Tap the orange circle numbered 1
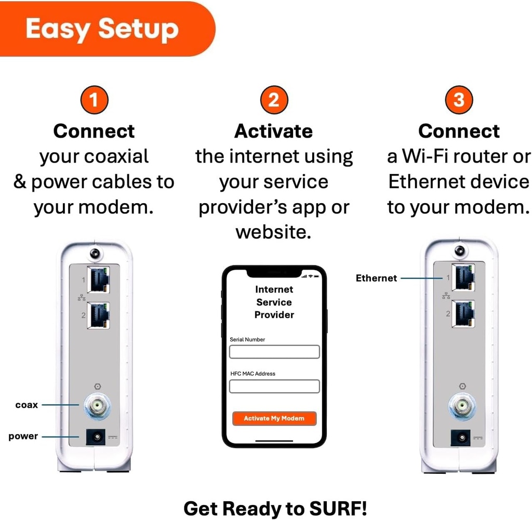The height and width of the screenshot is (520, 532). pos(94,100)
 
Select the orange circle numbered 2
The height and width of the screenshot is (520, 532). pos(274,100)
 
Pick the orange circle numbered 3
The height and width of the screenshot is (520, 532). pos(459,100)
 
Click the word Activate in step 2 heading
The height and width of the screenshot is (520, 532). pos(273,131)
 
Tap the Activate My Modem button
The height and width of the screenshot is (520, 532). pos(274,418)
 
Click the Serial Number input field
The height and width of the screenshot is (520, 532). pos(274,352)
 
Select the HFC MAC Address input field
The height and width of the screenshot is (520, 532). pos(274,386)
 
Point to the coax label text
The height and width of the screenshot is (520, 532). pos(26,405)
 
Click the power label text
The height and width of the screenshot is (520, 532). pos(23,436)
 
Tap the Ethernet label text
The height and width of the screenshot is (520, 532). pos(376,278)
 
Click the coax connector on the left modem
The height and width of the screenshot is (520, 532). pos(96,406)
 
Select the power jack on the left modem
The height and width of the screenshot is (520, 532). pos(96,437)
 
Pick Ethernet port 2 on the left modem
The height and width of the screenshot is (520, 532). pos(99,315)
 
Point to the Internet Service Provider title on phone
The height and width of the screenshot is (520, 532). pos(274,302)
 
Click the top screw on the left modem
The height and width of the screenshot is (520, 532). pos(95,253)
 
